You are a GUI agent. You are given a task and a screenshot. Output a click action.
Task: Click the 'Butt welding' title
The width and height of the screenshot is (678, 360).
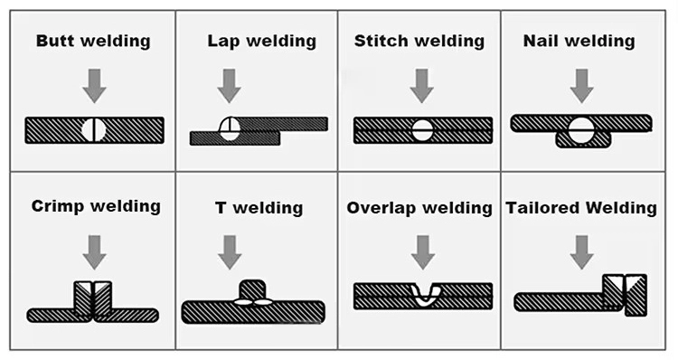93,42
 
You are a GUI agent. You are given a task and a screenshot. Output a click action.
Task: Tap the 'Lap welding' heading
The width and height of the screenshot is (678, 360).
261,42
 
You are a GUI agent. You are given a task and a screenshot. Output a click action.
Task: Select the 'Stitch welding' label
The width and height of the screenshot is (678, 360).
419,42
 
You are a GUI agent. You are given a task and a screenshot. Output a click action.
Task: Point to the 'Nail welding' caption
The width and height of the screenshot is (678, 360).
579,42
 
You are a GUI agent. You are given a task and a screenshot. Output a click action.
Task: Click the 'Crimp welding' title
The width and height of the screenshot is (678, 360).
95,206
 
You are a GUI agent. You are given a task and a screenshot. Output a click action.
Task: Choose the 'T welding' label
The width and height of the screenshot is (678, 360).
258,208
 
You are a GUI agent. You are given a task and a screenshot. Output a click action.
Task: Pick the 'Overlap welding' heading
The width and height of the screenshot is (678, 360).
419,208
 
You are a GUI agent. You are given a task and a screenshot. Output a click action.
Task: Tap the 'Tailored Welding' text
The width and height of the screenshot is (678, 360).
581,208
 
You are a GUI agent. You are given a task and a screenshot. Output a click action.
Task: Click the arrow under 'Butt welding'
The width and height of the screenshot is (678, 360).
94,85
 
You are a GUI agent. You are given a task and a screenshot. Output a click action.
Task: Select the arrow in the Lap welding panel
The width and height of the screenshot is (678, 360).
230,85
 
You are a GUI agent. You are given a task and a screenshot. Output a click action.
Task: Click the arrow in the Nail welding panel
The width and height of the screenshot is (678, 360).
581,85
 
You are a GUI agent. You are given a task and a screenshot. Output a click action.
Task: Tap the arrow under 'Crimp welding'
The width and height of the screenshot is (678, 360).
94,251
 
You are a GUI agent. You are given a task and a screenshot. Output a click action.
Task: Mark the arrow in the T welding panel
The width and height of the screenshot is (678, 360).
230,251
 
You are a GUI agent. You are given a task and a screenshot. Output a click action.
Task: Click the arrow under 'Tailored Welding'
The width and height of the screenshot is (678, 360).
581,251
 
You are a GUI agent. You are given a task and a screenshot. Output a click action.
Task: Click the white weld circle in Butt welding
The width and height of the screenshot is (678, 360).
94,130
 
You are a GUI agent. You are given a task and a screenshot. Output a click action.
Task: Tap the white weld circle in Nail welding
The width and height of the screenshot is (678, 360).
581,128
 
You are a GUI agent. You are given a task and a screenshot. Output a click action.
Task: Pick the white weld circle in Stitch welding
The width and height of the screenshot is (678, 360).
421,130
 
